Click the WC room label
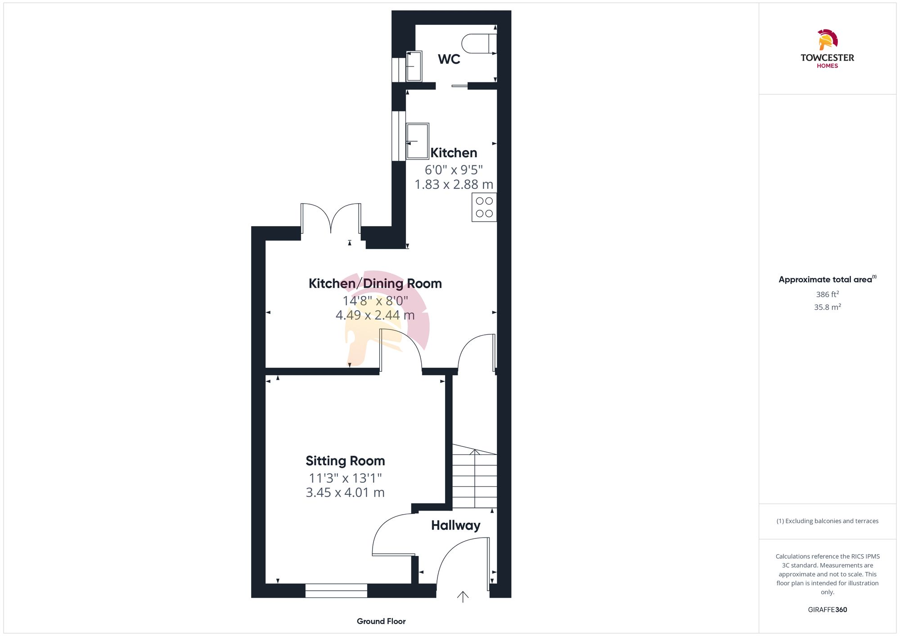(449, 59)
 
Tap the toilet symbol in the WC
(478, 44)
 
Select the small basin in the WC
(414, 66)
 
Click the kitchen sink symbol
(417, 141)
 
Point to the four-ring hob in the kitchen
(484, 207)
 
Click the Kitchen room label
(454, 153)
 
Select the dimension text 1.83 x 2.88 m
(454, 184)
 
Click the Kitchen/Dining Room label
(375, 284)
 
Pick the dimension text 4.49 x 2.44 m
(375, 315)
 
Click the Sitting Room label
(345, 461)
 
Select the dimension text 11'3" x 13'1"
(345, 478)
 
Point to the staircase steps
(474, 481)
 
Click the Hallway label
(455, 525)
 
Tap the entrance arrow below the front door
(463, 597)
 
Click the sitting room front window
(336, 591)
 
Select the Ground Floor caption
(381, 621)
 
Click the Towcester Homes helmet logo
(827, 40)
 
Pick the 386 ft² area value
(827, 294)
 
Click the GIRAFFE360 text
(827, 609)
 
